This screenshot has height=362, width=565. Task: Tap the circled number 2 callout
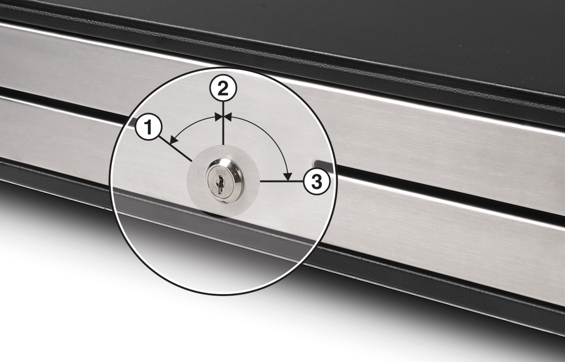[223, 88]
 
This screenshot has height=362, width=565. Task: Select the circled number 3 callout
[316, 182]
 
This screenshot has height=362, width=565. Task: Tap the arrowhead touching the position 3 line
[287, 176]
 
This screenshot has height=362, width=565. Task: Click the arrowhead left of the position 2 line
[219, 117]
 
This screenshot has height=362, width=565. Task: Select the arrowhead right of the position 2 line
[228, 117]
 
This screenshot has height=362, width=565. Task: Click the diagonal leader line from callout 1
[175, 148]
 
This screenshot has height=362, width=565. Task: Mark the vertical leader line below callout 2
[223, 123]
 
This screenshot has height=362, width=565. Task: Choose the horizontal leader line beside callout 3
[281, 182]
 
